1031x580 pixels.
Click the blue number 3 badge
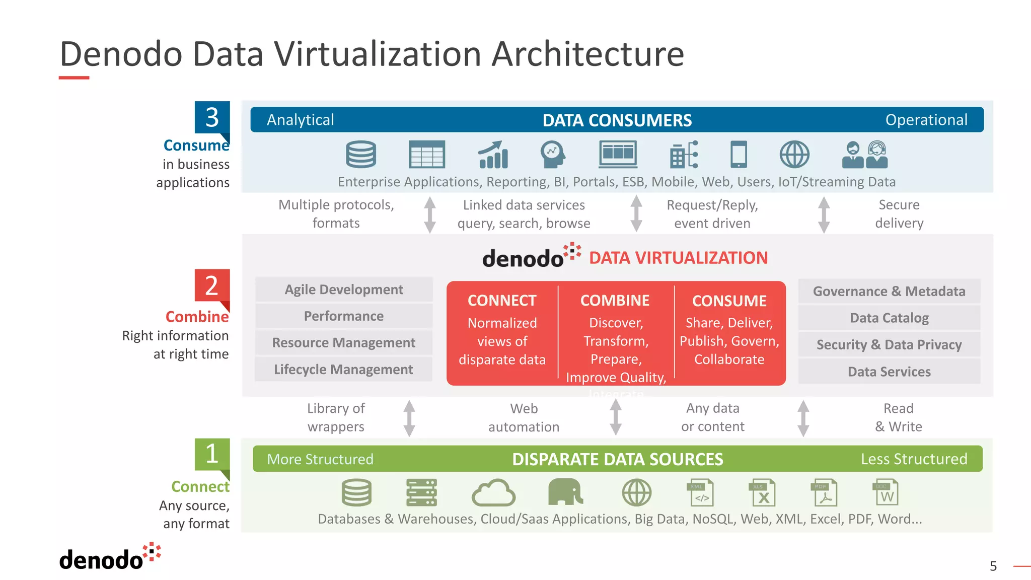(212, 117)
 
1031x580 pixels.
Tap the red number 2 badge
(212, 285)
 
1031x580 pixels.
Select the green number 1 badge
(212, 454)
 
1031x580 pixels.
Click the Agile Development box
(344, 289)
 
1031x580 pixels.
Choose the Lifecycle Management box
(344, 370)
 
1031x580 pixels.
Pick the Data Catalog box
(889, 318)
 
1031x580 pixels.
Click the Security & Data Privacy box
(889, 345)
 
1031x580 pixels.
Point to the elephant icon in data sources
(565, 492)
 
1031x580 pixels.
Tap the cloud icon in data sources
(493, 493)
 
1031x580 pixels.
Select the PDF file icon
(824, 492)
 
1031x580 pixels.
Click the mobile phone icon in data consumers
(739, 154)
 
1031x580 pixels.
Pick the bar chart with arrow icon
(493, 155)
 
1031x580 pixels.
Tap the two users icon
(865, 155)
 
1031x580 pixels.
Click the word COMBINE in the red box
(615, 301)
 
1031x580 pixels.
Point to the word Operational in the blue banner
(926, 120)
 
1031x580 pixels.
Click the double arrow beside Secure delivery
(824, 214)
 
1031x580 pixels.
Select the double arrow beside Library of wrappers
(409, 418)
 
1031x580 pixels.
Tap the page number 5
(993, 566)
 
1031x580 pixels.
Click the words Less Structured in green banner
(914, 459)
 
